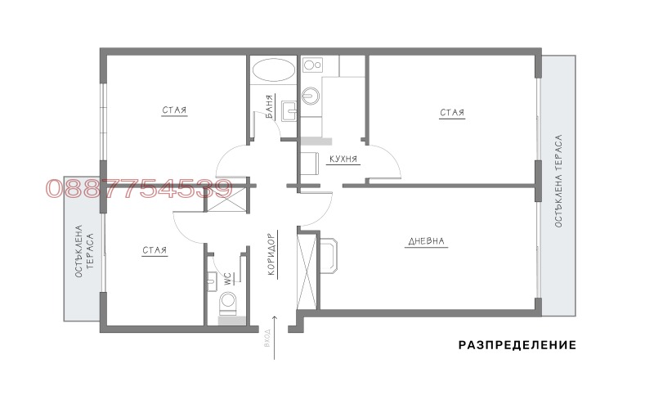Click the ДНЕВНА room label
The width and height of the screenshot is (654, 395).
click(x=426, y=241)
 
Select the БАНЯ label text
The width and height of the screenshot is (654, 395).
click(x=269, y=107)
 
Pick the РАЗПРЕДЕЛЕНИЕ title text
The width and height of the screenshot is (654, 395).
click(x=517, y=345)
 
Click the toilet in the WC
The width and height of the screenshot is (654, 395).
click(x=229, y=303)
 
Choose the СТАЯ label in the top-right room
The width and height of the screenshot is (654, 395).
click(x=452, y=113)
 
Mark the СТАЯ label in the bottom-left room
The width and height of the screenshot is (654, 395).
click(x=154, y=250)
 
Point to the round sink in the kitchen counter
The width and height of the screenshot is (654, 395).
click(x=311, y=96)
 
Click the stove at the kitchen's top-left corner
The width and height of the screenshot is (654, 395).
click(x=311, y=65)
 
